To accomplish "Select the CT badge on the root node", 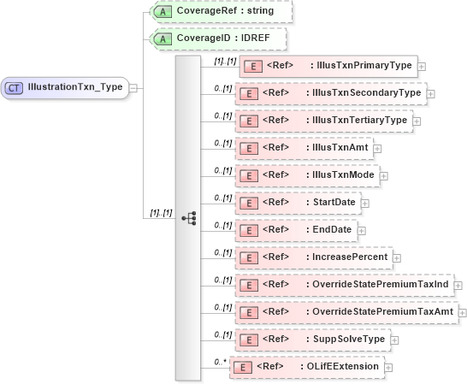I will click(15, 86).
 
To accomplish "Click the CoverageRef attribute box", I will click(221, 11).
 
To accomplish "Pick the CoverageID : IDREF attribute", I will click(217, 38).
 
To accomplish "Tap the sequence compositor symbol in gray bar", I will click(188, 218).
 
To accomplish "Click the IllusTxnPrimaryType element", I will click(328, 65).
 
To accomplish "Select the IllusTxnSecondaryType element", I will click(330, 92).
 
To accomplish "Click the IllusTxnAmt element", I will click(303, 147).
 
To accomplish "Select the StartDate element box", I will click(297, 202).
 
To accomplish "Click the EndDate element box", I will click(294, 229).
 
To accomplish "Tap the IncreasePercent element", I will click(312, 257).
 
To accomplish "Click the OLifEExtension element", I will click(307, 367).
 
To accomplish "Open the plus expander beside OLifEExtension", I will click(389, 368).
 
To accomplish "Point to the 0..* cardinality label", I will click(222, 361).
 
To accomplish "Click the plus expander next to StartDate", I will click(364, 203).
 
